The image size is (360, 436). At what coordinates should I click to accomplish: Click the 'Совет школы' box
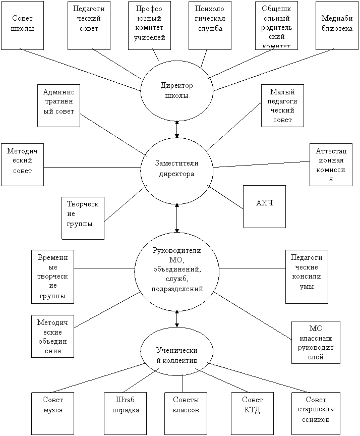[x=22, y=25]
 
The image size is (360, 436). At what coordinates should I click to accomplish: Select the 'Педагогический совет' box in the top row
[x=89, y=25]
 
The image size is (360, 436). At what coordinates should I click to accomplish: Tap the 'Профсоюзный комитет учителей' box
[x=149, y=25]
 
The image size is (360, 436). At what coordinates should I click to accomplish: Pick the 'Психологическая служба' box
[x=210, y=25]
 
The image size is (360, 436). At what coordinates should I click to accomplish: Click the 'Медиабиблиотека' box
[x=337, y=25]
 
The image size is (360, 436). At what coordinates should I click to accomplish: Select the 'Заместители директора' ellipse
[x=176, y=169]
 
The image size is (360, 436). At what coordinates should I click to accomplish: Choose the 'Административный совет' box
[x=58, y=105]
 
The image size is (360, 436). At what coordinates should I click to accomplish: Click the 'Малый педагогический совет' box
[x=282, y=105]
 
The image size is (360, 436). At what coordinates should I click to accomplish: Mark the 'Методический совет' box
[x=22, y=165]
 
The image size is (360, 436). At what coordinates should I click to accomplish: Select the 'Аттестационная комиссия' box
[x=331, y=165]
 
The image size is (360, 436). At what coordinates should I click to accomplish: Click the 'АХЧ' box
[x=264, y=206]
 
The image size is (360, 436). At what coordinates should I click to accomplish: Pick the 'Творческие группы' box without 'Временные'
[x=83, y=217]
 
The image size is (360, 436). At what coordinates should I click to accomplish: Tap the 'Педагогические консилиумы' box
[x=307, y=277]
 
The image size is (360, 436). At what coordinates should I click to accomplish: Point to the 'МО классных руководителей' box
[x=316, y=342]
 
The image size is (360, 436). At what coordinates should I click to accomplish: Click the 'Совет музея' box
[x=52, y=413]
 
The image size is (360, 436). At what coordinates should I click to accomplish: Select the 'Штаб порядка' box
[x=125, y=413]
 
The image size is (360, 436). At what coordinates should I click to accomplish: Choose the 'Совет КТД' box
[x=252, y=413]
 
